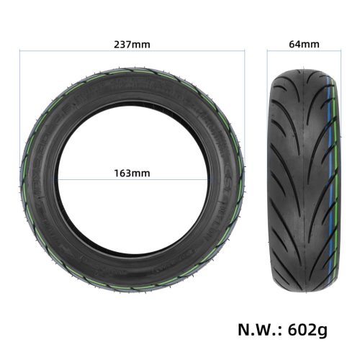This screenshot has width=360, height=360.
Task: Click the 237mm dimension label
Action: [132, 44]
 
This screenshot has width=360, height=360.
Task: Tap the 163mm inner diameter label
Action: [132, 173]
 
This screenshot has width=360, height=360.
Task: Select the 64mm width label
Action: [304, 44]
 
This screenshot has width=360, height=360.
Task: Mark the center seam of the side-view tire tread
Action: [304, 173]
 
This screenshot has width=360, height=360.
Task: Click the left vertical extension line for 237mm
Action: [19, 108]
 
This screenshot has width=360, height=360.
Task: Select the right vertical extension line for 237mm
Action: [245, 108]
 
